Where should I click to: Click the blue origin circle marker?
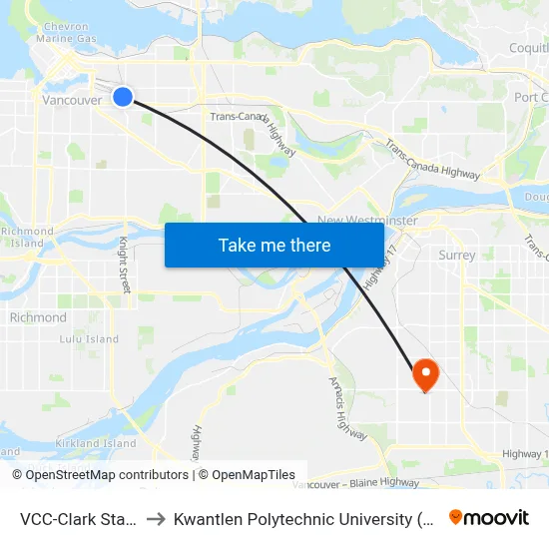coord(122,96)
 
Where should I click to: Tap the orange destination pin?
coord(426,374)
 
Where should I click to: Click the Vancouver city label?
coord(72,101)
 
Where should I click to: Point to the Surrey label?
coord(457,255)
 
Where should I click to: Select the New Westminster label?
coord(367,220)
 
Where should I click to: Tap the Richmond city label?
coord(38,317)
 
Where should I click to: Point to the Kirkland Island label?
coord(96,443)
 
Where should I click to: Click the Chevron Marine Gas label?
coord(64,32)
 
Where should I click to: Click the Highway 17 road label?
coord(375,269)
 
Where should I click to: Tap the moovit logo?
coord(489,518)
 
